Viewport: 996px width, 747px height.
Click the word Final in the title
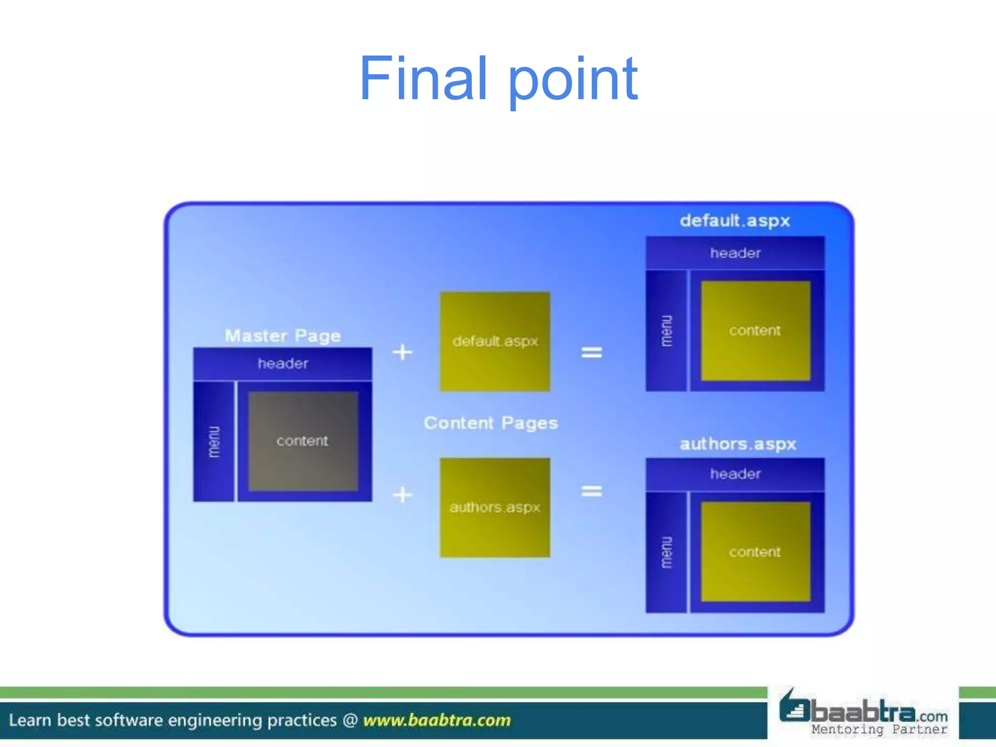click(x=423, y=79)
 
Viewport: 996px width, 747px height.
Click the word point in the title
click(x=573, y=80)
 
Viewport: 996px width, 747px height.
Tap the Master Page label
click(x=283, y=336)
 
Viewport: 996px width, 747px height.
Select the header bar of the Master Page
click(x=283, y=364)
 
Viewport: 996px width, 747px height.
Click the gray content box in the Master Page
click(x=303, y=441)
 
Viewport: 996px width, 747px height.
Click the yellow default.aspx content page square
click(x=495, y=341)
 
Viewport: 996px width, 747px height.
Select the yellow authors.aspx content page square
click(x=495, y=507)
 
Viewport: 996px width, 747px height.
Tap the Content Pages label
click(x=491, y=423)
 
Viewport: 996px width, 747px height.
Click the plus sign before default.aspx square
click(x=403, y=352)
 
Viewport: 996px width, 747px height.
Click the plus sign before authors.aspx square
click(x=403, y=495)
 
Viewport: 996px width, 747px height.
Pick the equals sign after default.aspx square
click(x=591, y=352)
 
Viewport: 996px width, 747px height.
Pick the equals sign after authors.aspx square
click(x=591, y=491)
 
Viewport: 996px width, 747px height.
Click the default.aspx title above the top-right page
click(x=734, y=221)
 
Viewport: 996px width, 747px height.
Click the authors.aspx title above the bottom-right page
click(x=737, y=444)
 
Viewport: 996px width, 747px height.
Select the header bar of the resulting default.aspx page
click(x=735, y=253)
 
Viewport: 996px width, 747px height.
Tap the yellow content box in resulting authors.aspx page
click(x=755, y=552)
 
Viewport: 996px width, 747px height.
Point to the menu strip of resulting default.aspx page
click(x=666, y=331)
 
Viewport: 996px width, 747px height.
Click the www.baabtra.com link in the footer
click(x=437, y=720)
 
